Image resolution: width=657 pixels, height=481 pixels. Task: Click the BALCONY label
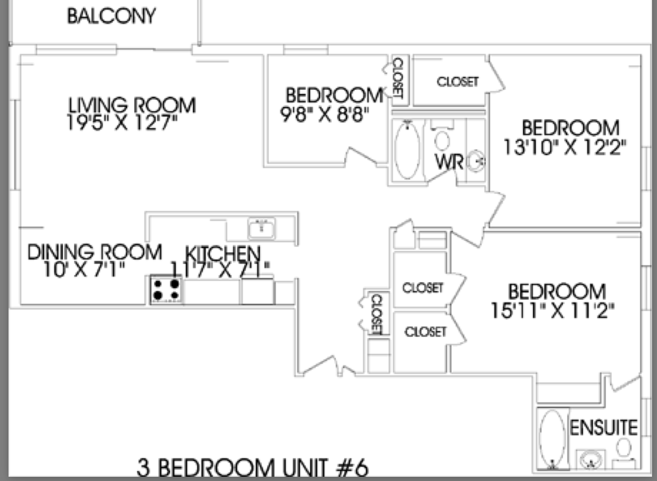tap(111, 16)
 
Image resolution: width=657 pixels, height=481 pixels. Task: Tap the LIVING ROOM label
tap(132, 105)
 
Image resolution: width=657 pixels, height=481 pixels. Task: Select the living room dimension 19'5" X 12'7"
tap(122, 123)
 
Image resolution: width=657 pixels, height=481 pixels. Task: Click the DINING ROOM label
tap(95, 252)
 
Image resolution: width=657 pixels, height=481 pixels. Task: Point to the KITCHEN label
tap(223, 254)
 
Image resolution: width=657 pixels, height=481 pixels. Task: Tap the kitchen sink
tap(262, 228)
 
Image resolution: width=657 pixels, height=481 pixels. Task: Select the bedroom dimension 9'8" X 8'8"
tap(324, 114)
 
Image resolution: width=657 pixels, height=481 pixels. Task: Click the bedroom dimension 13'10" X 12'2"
tap(565, 147)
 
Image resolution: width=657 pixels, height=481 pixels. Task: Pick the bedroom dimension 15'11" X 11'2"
tap(552, 310)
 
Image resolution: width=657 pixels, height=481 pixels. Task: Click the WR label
tap(449, 162)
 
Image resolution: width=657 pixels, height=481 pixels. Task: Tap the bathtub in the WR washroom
tap(408, 149)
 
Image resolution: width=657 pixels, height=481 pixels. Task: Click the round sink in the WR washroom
tap(475, 162)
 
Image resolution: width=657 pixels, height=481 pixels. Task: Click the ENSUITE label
tap(604, 428)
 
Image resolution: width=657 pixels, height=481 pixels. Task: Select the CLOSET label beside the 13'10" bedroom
tap(458, 81)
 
